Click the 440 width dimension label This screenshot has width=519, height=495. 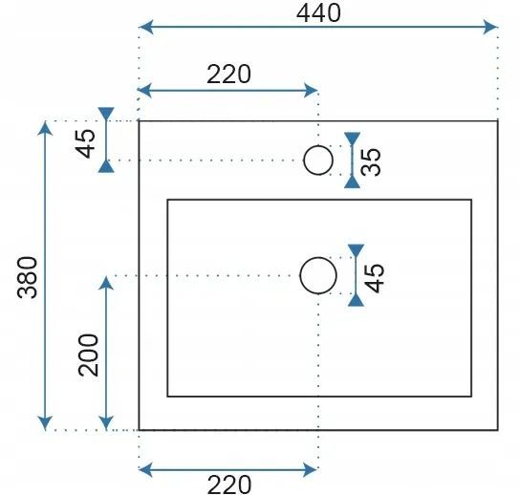(318, 13)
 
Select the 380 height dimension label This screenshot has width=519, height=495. (28, 277)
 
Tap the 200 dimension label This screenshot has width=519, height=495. (88, 355)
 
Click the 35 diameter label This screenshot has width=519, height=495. (371, 161)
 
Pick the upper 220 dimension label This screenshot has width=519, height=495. (229, 75)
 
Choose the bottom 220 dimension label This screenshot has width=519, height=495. (229, 484)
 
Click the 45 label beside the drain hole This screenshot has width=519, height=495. (375, 278)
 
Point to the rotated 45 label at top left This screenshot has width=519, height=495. (85, 143)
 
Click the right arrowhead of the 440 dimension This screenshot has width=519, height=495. (490, 27)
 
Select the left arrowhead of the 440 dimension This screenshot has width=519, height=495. (146, 27)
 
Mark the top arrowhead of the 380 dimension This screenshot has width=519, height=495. (45, 128)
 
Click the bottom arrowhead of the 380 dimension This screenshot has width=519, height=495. (45, 423)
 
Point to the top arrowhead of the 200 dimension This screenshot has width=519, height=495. (106, 284)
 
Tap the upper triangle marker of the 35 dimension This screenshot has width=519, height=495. (352, 139)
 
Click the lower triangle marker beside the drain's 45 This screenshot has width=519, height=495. (357, 300)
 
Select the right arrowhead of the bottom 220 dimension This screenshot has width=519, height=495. (311, 469)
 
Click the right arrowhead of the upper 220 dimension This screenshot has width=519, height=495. (311, 91)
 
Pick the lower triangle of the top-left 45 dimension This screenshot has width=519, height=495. (106, 166)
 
